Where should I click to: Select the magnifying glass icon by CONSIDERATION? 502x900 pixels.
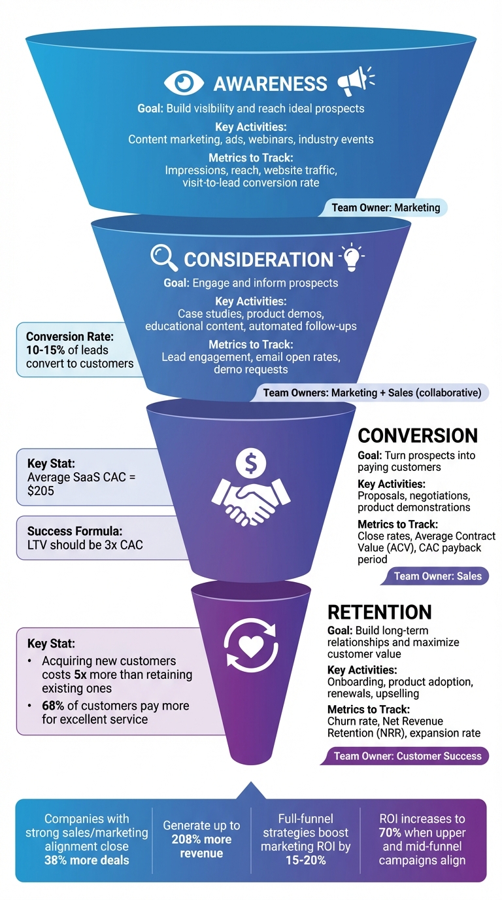pos(164,258)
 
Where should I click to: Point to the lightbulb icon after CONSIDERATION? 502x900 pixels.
pos(352,258)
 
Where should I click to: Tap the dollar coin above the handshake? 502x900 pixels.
pos(251,463)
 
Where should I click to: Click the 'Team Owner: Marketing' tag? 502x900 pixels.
pos(386,208)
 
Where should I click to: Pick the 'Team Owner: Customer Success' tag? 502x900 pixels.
pos(407,756)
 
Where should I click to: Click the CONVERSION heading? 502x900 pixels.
pos(418,436)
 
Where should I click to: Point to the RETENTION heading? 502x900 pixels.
pos(379,612)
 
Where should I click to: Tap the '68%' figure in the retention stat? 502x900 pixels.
pos(54,706)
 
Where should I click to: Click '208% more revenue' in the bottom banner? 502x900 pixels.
pos(201,846)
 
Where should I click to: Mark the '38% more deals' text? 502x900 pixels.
pos(77,859)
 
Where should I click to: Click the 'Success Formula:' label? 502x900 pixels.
pos(67,531)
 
